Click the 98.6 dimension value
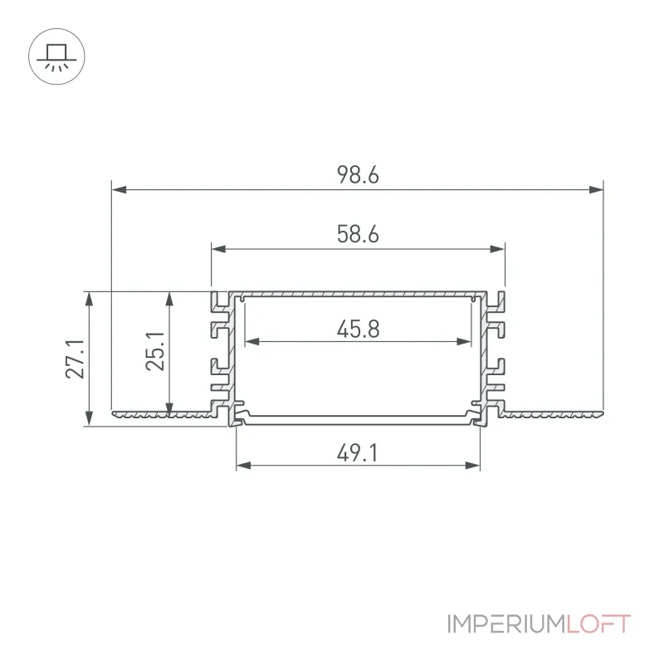tap(358, 175)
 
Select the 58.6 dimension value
tap(358, 234)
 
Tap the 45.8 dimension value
tap(359, 329)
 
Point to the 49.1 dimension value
tap(357, 453)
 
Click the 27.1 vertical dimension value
tap(75, 359)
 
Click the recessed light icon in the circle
tap(56, 56)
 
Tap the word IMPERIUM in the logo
tap(507, 624)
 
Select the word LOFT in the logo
tap(598, 624)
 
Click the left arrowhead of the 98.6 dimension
tap(119, 189)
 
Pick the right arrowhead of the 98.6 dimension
tap(596, 189)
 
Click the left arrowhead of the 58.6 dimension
tap(218, 248)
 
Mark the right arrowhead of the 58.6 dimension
tap(497, 248)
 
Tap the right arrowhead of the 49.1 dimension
tap(472, 466)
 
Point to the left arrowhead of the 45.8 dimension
tap(252, 341)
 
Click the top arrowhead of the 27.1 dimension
tap(89, 299)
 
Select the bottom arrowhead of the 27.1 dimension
tap(89, 419)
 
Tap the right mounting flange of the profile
tap(550, 413)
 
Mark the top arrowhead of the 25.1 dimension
tap(169, 299)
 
